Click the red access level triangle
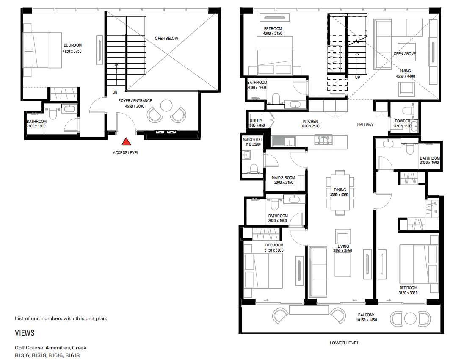125,142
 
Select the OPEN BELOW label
166,39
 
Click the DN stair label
115,92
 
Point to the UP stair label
358,78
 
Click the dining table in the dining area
340,192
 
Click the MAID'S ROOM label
283,177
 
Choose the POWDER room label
402,121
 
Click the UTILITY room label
256,121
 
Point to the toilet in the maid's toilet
253,169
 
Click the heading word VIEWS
25,333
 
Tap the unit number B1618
72,355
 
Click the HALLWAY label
365,125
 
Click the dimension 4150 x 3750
72,51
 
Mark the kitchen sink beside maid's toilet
280,140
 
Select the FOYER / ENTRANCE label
135,101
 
